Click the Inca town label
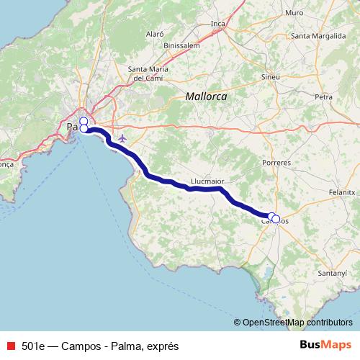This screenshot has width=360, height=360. [x=219, y=23]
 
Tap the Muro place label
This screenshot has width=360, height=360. [x=294, y=13]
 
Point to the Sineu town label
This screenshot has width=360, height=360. [x=271, y=75]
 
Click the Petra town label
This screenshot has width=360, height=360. [x=324, y=96]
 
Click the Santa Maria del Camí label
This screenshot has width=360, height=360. [x=148, y=73]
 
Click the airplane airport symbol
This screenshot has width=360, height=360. [x=122, y=138]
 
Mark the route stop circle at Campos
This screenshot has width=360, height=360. [x=275, y=218]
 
